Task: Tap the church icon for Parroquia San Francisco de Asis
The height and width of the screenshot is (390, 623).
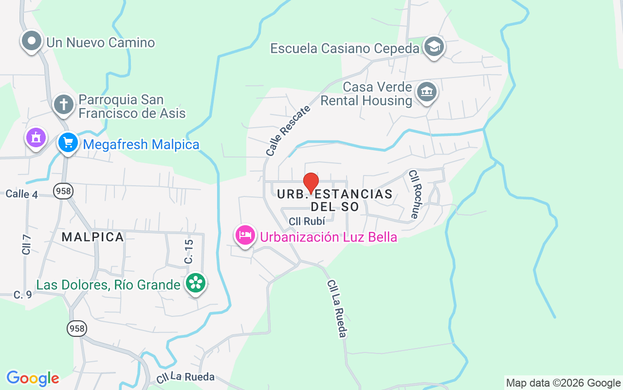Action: [x=63, y=104]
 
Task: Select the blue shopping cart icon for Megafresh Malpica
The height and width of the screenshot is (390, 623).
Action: [x=68, y=143]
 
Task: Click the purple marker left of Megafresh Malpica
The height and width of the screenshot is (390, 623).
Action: [x=36, y=138]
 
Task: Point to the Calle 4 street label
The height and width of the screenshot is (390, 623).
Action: [x=22, y=194]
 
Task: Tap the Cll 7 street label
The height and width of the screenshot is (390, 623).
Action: [x=27, y=244]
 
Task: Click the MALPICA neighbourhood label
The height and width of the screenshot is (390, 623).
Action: [x=93, y=237]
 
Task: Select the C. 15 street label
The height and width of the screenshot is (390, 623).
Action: [x=189, y=252]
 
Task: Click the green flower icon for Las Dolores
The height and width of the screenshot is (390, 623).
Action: [x=196, y=283]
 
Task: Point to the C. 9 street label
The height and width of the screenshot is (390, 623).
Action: [x=23, y=294]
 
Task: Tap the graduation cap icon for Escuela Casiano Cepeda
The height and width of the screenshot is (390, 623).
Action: [x=433, y=47]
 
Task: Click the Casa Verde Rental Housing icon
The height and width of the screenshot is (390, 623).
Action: [x=427, y=92]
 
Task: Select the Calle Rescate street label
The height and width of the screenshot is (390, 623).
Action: [x=288, y=131]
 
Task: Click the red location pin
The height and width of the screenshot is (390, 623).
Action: [x=311, y=183]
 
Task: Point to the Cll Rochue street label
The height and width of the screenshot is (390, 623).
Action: [x=414, y=194]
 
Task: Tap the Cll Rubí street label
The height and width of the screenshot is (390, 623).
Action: [x=307, y=221]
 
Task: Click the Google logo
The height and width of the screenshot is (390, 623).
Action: [x=33, y=378]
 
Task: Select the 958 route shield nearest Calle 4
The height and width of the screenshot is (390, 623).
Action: [x=63, y=191]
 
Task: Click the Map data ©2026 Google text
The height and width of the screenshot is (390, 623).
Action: [x=563, y=383]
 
